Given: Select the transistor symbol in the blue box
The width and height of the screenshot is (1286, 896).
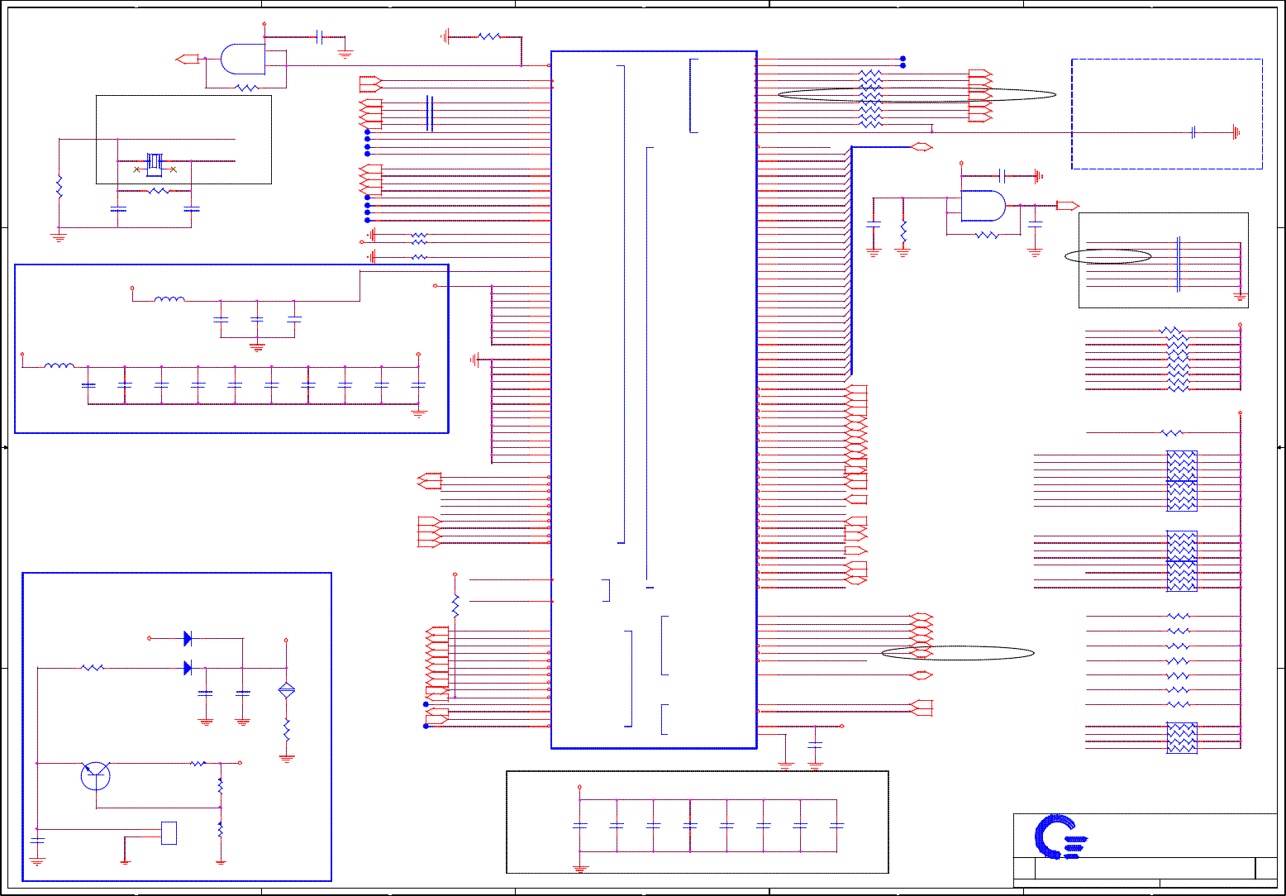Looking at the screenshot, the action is pyautogui.click(x=96, y=775).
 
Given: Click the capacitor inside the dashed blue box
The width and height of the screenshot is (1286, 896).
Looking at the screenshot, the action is pyautogui.click(x=1193, y=132).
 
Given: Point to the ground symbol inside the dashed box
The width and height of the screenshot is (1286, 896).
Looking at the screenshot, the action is pyautogui.click(x=1235, y=132).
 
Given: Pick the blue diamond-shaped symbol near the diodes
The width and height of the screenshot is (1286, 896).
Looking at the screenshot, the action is pyautogui.click(x=287, y=690).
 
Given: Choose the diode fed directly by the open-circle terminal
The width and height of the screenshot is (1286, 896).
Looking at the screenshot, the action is pyautogui.click(x=188, y=638).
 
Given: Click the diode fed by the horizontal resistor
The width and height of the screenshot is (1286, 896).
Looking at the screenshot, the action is pyautogui.click(x=188, y=667).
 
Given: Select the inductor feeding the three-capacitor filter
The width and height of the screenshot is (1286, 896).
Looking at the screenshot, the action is pyautogui.click(x=169, y=300).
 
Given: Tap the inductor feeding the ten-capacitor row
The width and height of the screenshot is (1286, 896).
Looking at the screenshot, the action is pyautogui.click(x=59, y=365).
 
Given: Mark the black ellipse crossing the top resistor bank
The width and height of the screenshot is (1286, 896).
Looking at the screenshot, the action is pyautogui.click(x=917, y=94).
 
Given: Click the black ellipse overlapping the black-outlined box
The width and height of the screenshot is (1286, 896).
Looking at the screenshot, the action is pyautogui.click(x=1108, y=256).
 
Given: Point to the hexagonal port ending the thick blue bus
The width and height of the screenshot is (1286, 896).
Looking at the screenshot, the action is pyautogui.click(x=922, y=147).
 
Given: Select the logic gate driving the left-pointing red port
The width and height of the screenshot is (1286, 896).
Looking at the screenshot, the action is pyautogui.click(x=242, y=59).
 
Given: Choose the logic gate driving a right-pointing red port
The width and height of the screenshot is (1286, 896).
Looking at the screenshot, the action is pyautogui.click(x=984, y=206).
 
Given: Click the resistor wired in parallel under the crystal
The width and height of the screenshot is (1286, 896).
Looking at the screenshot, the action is pyautogui.click(x=159, y=191).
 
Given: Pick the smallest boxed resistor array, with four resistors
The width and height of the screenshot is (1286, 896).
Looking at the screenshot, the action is pyautogui.click(x=1182, y=737).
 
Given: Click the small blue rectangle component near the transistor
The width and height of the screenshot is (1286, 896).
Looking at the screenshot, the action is pyautogui.click(x=169, y=833).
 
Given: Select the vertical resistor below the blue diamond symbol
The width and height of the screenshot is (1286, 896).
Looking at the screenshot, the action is pyautogui.click(x=287, y=730).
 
